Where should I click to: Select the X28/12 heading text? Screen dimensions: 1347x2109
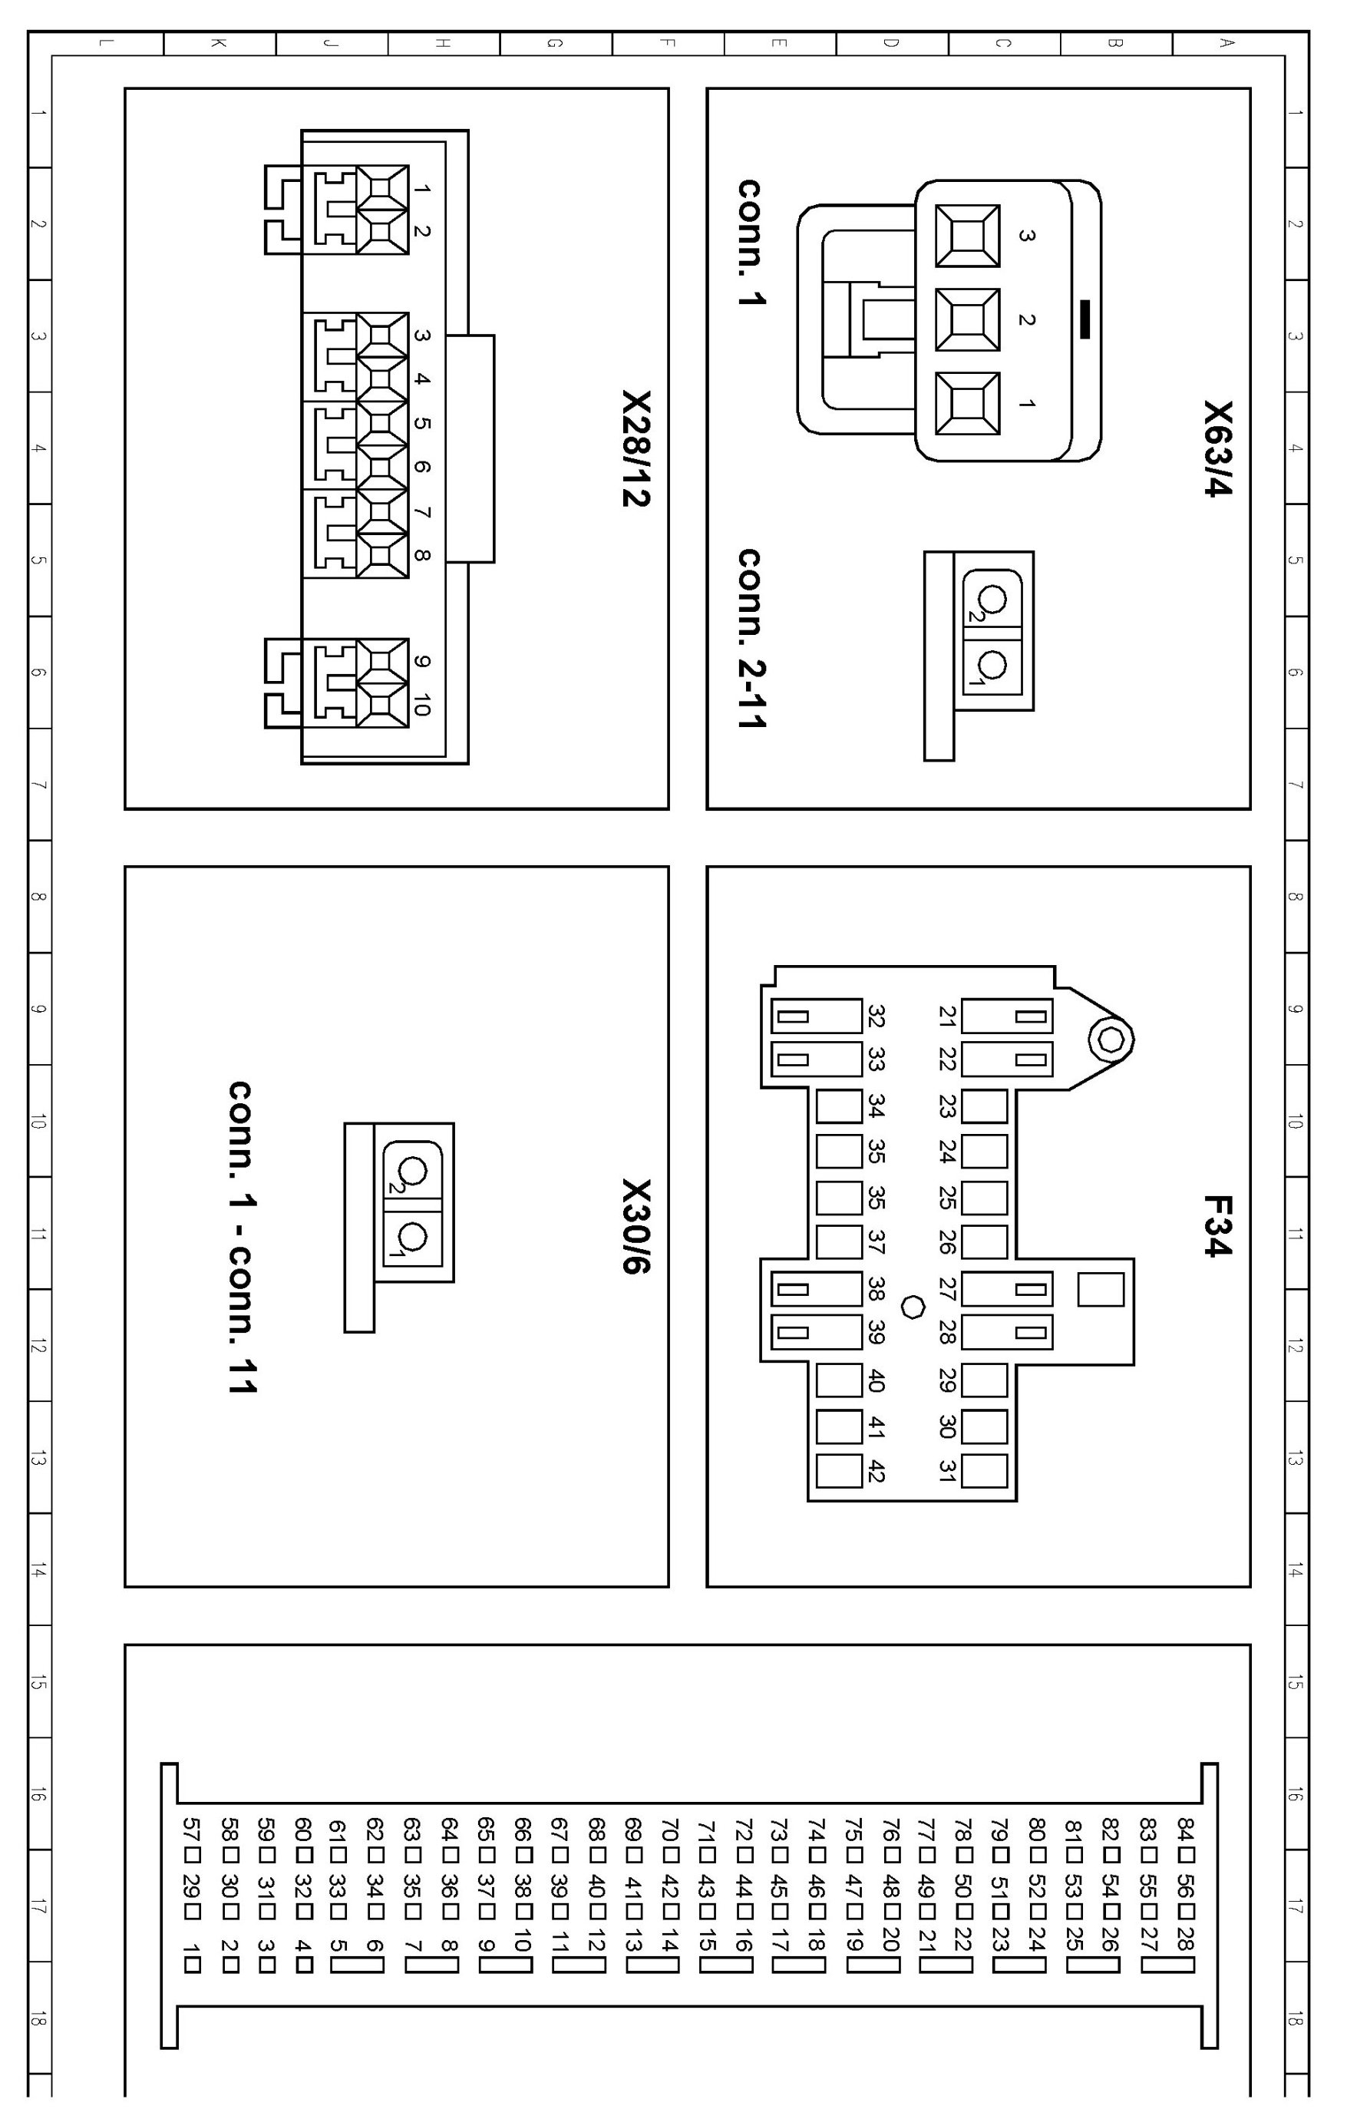click(637, 448)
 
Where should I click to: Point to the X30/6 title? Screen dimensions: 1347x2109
click(637, 1226)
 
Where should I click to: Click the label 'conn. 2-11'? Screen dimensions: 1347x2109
click(751, 639)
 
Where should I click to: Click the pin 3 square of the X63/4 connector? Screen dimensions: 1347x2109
click(967, 236)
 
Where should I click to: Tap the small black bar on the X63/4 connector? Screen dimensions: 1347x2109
click(1085, 319)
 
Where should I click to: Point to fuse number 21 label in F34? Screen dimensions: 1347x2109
click(947, 1016)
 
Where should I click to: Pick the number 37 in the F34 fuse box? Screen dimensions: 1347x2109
click(875, 1242)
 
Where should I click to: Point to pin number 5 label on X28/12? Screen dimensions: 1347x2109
click(421, 424)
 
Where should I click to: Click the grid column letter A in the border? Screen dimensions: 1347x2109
click(1228, 42)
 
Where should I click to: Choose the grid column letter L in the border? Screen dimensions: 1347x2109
click(105, 42)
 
